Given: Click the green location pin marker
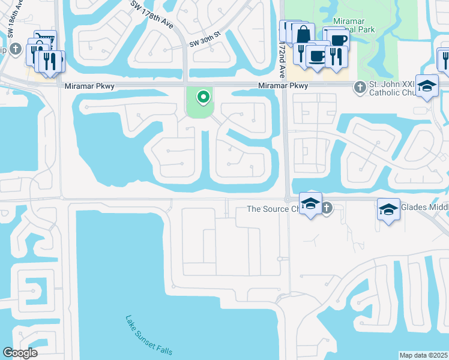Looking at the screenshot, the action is (x=203, y=97).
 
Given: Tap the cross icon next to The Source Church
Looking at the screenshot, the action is (x=326, y=208).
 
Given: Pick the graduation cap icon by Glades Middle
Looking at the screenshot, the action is (x=388, y=209).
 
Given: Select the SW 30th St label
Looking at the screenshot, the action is (x=205, y=43).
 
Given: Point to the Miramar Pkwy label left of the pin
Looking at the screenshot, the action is (x=89, y=86).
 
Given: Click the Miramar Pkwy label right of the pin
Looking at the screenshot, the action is (x=283, y=86).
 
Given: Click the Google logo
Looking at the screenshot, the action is (x=20, y=353).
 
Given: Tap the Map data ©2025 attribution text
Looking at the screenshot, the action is (x=424, y=355).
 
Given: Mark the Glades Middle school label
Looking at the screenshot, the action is (x=424, y=209).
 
